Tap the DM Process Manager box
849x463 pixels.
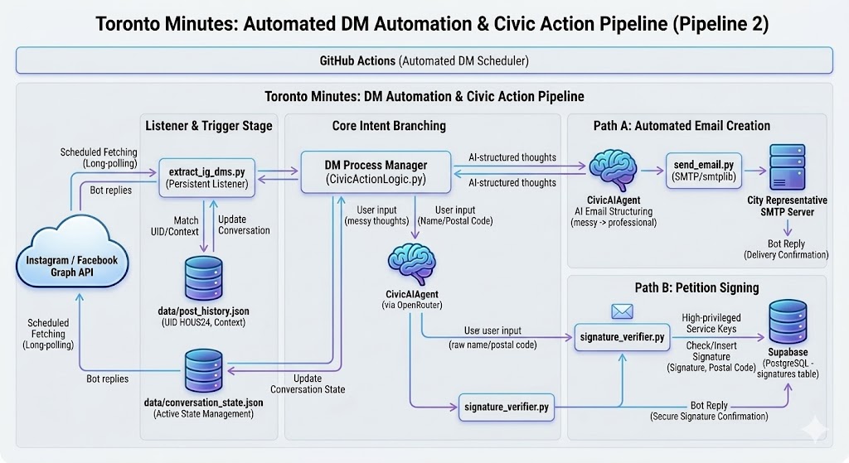coord(376,171)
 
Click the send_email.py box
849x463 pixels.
coord(701,171)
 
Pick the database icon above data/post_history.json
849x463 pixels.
coord(203,277)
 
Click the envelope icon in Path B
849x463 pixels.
coord(622,312)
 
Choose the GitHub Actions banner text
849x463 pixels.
coord(424,60)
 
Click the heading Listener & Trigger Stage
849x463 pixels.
coord(208,126)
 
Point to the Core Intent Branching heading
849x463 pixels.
coord(389,126)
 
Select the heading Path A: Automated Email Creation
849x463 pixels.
coord(682,126)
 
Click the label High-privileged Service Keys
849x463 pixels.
coord(711,323)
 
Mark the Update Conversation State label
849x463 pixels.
coord(308,383)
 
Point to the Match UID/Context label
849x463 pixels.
coord(186,225)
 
